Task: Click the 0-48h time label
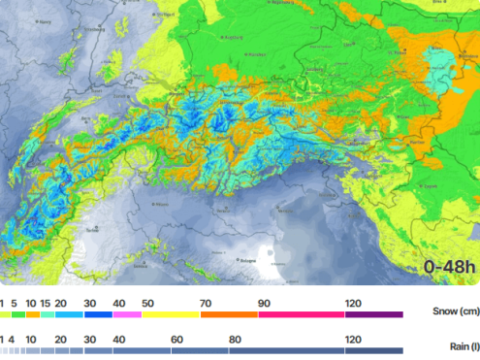(x=447, y=266)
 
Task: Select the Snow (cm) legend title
(x=454, y=312)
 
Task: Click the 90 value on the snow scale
(x=264, y=303)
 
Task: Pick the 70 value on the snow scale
(x=207, y=303)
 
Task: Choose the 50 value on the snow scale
(x=148, y=303)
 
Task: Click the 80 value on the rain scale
(x=235, y=339)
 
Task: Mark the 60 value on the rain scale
(x=176, y=339)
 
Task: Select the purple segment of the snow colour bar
(x=373, y=314)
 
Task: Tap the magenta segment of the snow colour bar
(x=127, y=314)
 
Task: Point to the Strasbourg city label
(x=95, y=29)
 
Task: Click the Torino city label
(x=93, y=231)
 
